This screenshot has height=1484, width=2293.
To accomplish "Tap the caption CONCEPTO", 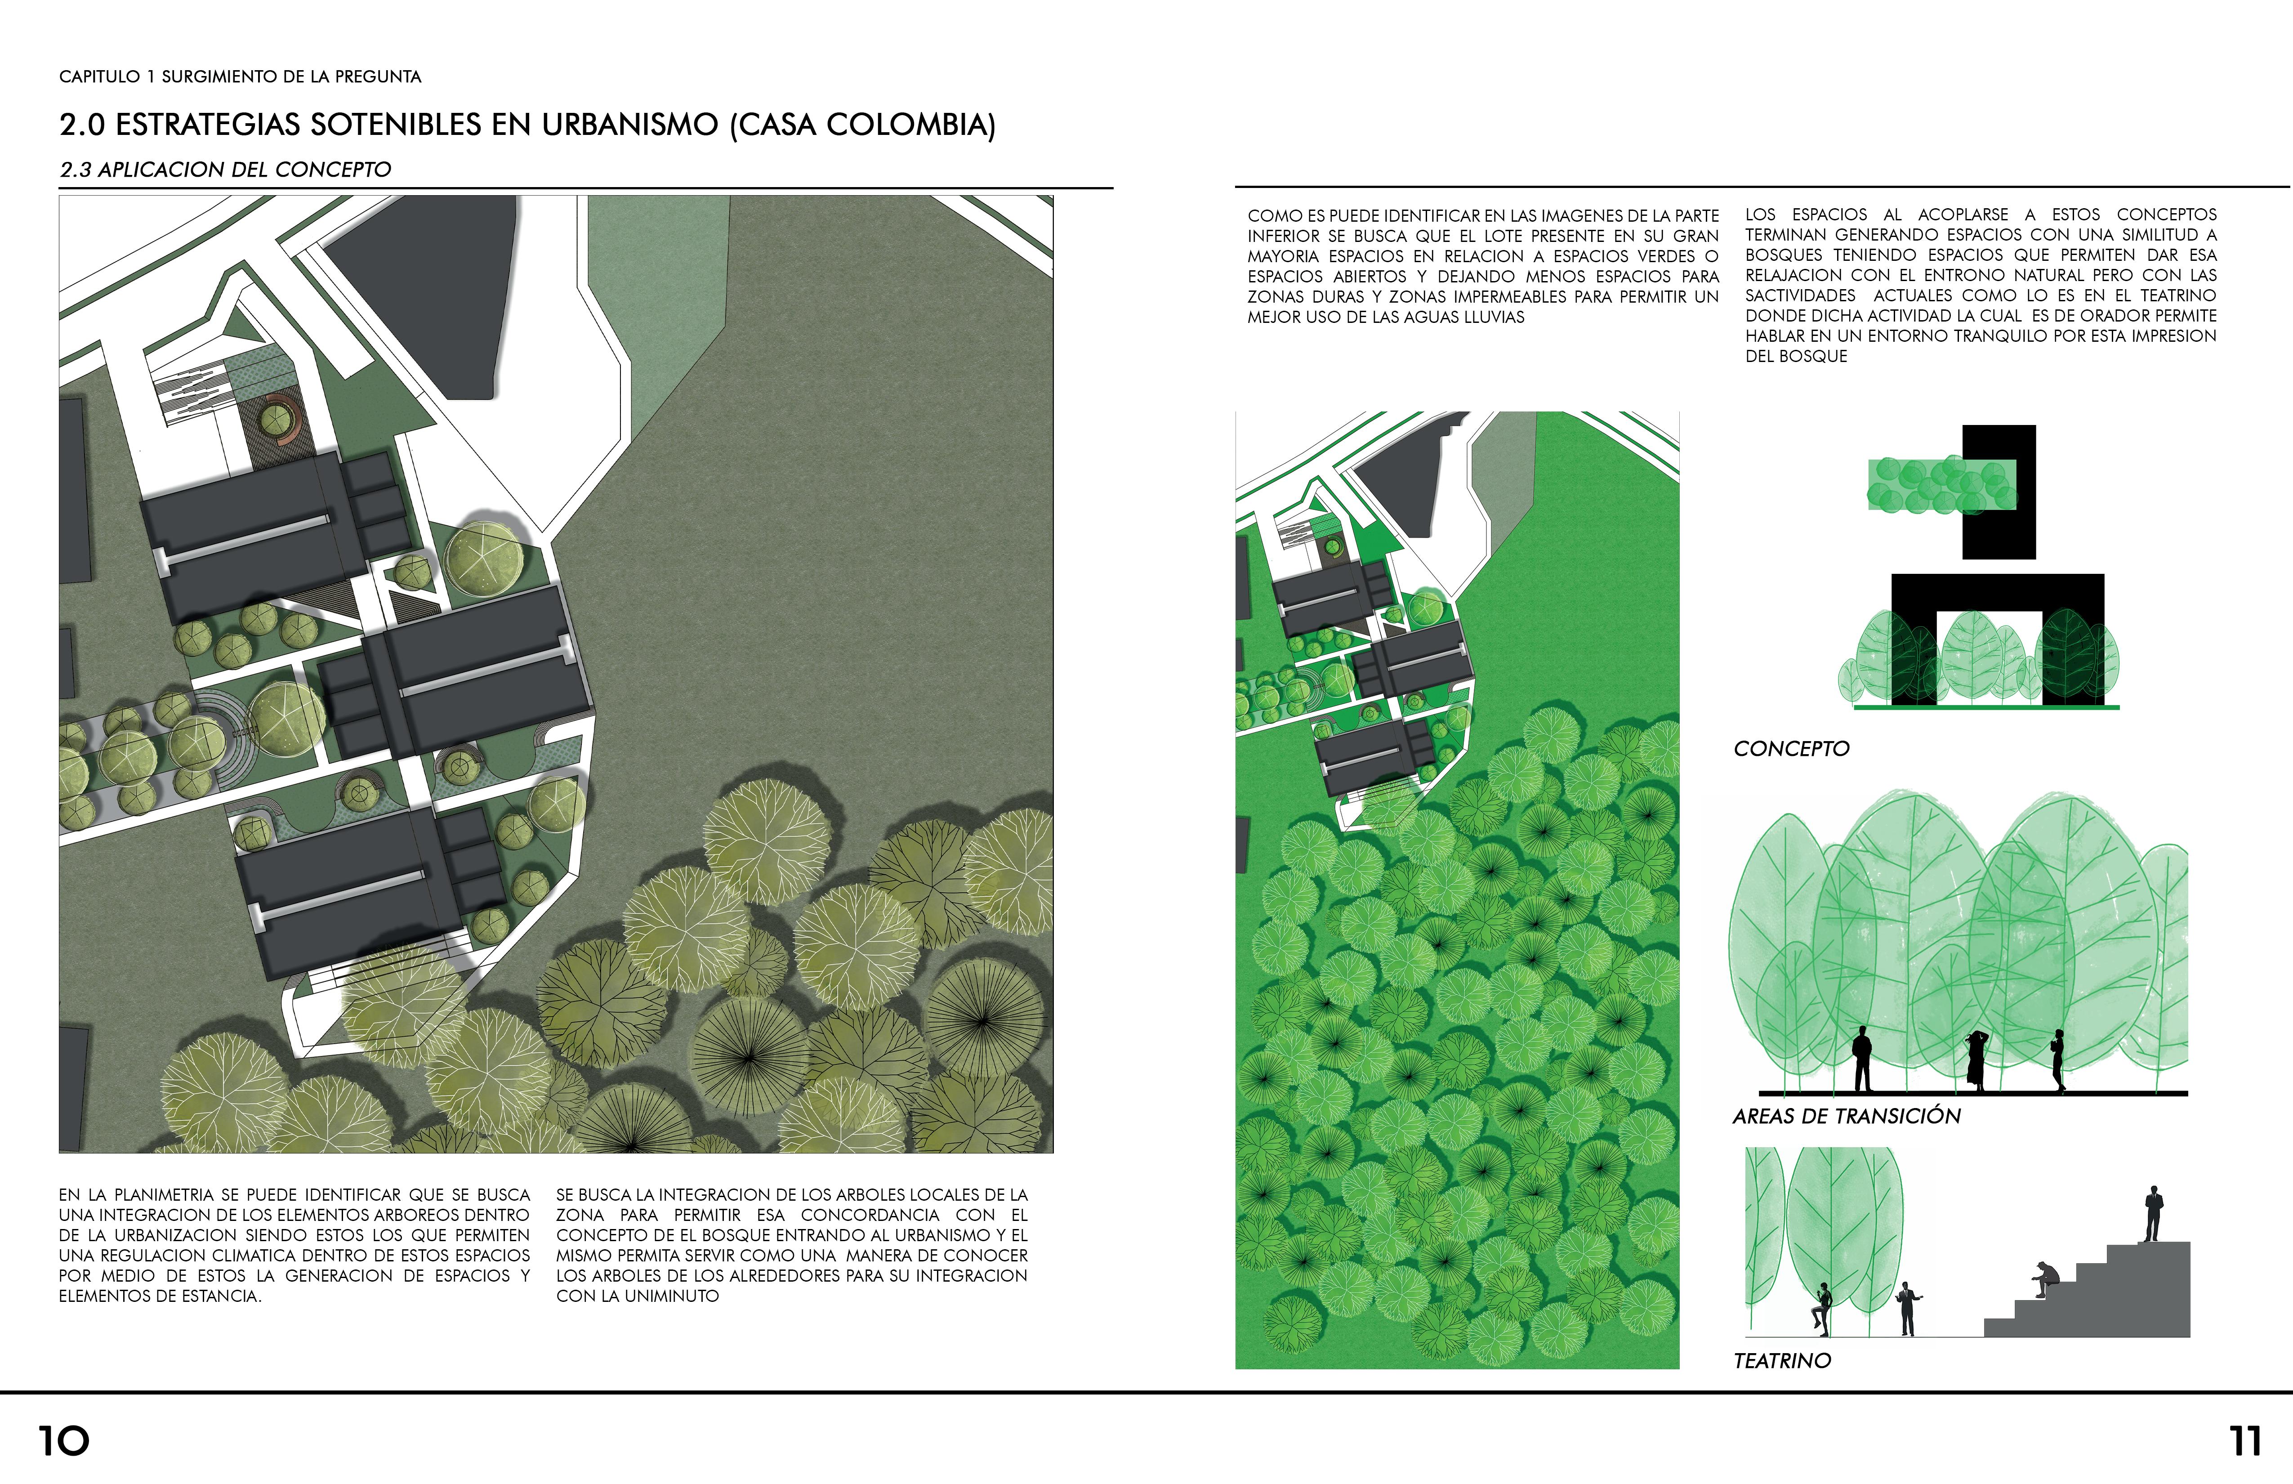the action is point(1791,749).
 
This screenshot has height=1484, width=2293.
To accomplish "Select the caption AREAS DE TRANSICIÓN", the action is point(1846,1116).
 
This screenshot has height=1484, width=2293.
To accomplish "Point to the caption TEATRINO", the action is point(1781,1361).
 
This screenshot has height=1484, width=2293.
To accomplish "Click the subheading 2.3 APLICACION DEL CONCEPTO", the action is point(225,170).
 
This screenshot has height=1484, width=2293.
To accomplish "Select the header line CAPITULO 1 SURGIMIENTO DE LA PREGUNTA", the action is point(240,76).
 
